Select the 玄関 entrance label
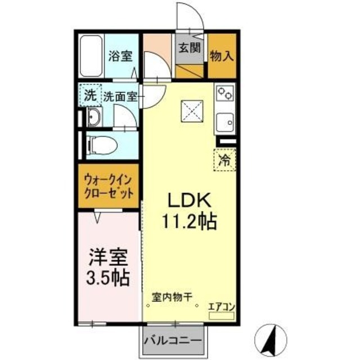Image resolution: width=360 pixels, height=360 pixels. point(190,47)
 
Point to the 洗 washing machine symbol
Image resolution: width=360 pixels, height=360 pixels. point(90,95)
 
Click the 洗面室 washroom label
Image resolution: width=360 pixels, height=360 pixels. point(120,96)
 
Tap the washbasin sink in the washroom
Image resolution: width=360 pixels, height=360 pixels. point(94,118)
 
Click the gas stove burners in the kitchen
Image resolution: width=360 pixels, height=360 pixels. point(226,92)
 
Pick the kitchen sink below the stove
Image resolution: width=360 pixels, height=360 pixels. point(226,122)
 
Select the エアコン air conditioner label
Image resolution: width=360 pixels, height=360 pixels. point(221,306)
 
